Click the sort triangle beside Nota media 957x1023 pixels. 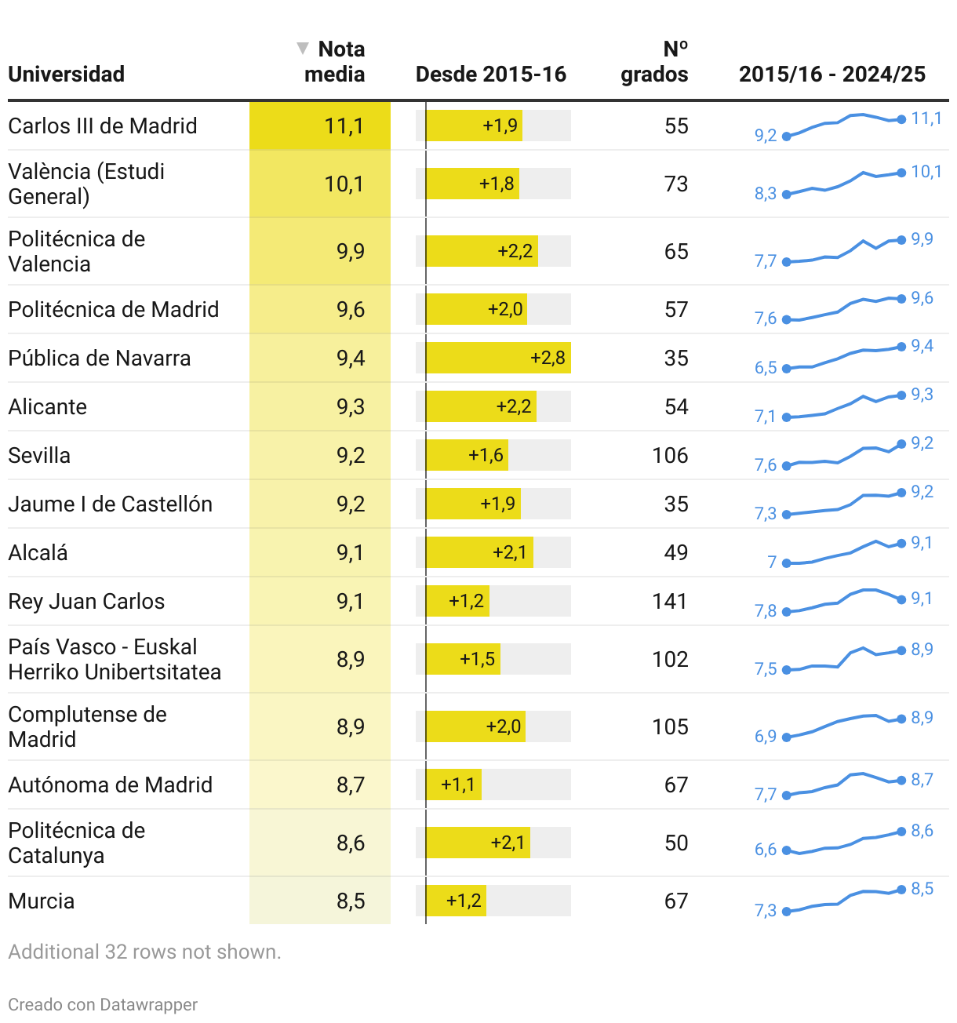click(x=302, y=49)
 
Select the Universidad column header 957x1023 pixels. click(x=67, y=75)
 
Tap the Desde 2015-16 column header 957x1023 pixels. click(x=490, y=75)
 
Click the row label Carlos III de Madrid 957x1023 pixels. click(x=103, y=126)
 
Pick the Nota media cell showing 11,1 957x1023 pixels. click(x=344, y=126)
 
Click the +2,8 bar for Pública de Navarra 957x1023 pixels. click(x=498, y=358)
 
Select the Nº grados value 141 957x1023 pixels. click(x=669, y=601)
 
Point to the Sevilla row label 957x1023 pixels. click(x=39, y=455)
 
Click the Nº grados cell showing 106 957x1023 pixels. click(x=670, y=455)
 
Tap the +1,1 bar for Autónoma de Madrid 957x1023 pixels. click(x=454, y=785)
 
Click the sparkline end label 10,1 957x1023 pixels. click(x=926, y=171)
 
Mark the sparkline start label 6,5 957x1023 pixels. click(x=766, y=368)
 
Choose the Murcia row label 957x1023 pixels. click(x=42, y=901)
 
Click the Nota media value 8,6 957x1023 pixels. click(x=351, y=843)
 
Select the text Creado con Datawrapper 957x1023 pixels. click(x=103, y=1004)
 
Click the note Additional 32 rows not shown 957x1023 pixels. click(x=144, y=952)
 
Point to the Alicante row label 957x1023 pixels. click(x=48, y=406)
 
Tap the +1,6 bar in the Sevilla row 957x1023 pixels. click(x=468, y=455)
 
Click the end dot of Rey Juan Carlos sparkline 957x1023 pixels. click(x=902, y=599)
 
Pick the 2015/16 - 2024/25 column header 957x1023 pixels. click(x=831, y=75)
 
